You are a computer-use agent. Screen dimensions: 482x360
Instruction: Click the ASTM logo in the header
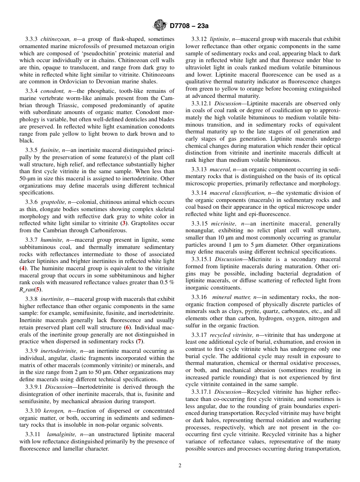160,26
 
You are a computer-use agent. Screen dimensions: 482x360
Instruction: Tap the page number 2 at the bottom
180,466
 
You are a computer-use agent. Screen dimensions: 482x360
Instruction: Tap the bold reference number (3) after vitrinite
124,223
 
